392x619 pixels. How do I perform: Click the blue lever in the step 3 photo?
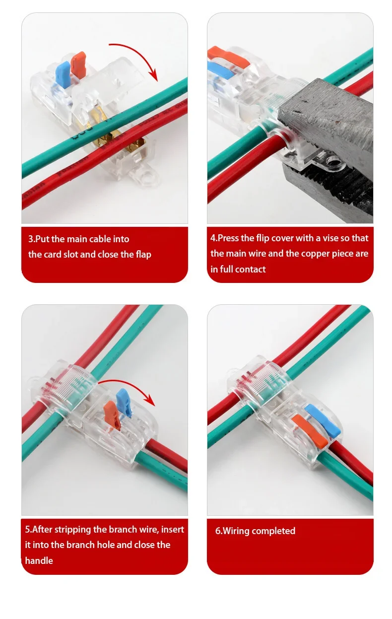click(x=64, y=73)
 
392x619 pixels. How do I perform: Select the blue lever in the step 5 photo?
click(x=123, y=402)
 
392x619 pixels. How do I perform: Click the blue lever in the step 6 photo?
click(x=323, y=418)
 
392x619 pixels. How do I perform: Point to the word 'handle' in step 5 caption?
click(x=39, y=561)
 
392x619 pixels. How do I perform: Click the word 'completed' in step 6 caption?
click(x=274, y=531)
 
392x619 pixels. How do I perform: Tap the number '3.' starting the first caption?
click(x=32, y=239)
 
